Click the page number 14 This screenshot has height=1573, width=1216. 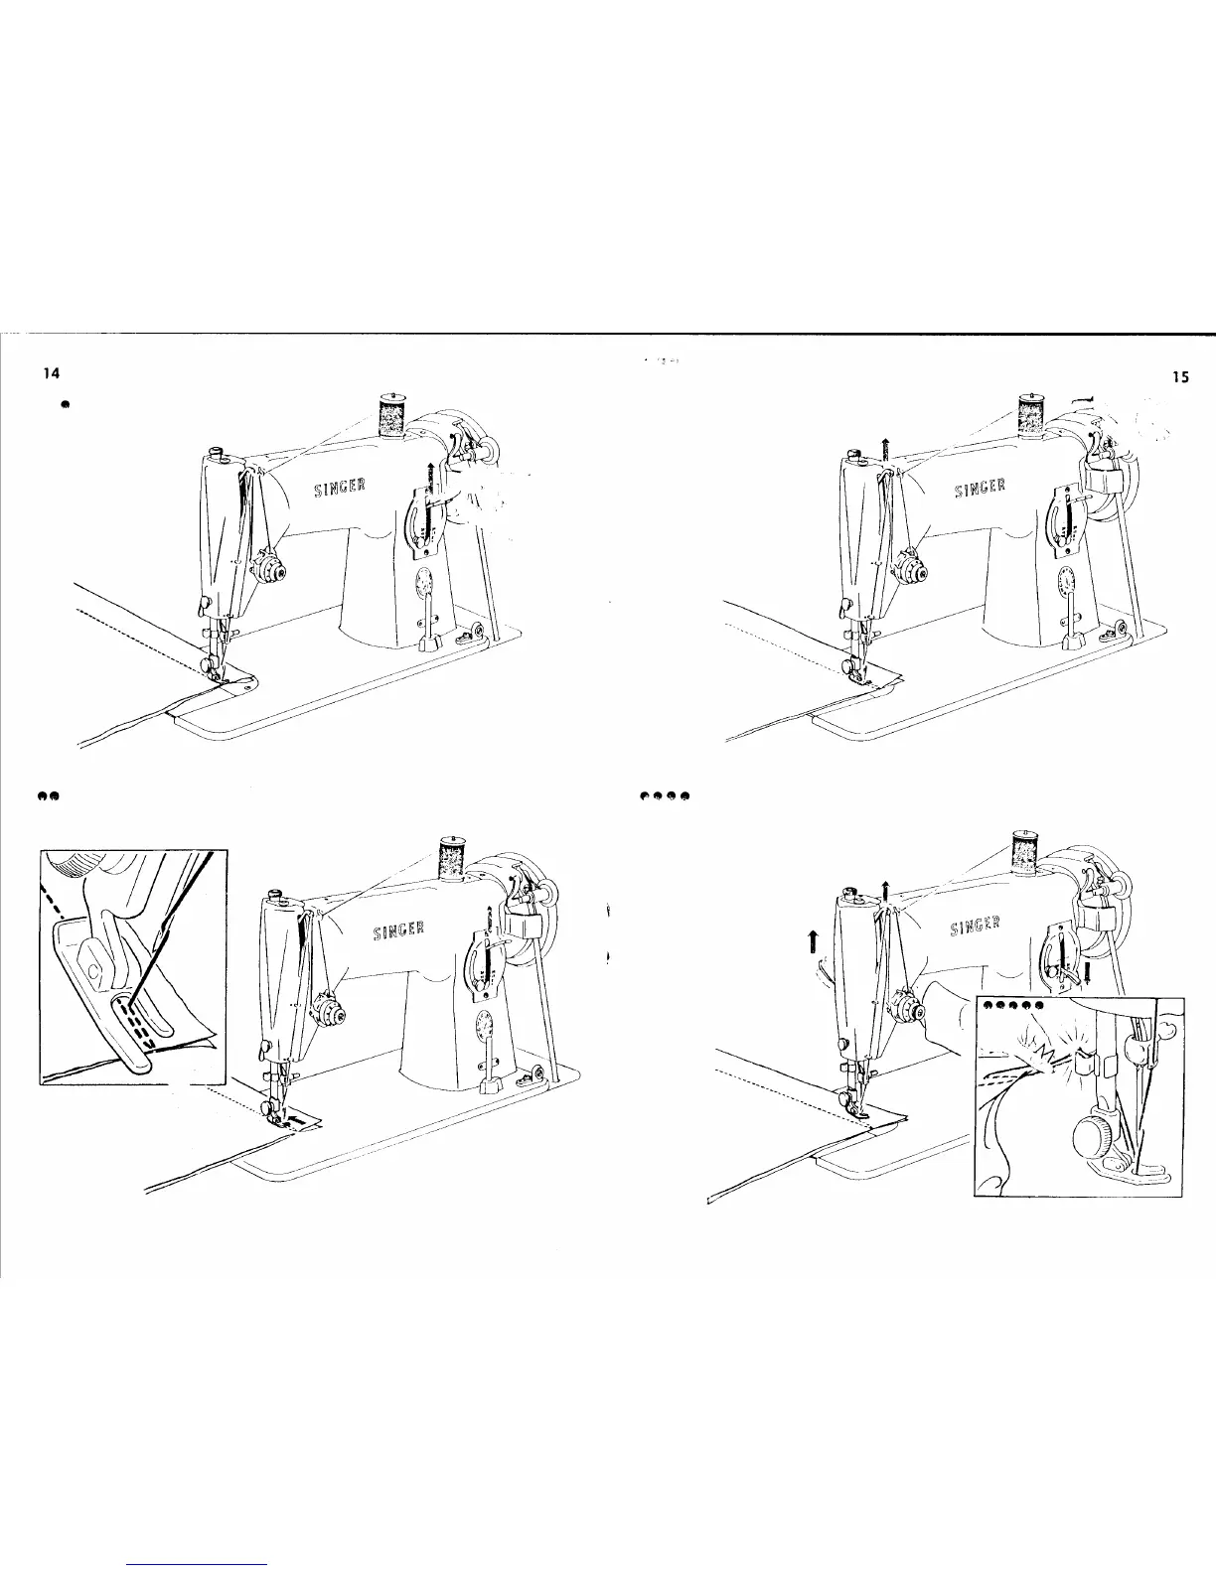coord(46,374)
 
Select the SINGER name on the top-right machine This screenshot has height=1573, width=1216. coord(980,489)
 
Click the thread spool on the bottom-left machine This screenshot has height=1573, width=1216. coord(453,860)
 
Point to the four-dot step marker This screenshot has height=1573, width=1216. coord(665,796)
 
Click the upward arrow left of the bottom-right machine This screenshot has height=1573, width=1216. coord(812,939)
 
